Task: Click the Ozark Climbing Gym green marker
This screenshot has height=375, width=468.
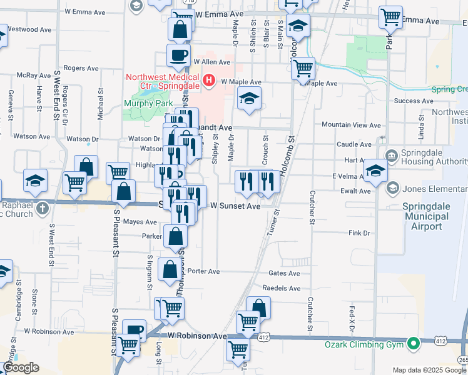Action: click(x=412, y=344)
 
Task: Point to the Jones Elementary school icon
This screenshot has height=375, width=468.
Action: click(x=393, y=187)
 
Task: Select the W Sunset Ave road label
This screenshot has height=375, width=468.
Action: click(x=235, y=206)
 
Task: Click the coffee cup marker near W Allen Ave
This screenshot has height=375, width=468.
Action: click(x=178, y=54)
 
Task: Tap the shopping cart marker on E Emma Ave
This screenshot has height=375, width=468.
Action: click(x=390, y=17)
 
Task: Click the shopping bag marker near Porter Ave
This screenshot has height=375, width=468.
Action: click(x=170, y=269)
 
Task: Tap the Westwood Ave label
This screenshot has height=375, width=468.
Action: click(x=31, y=29)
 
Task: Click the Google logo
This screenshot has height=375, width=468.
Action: click(x=21, y=367)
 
